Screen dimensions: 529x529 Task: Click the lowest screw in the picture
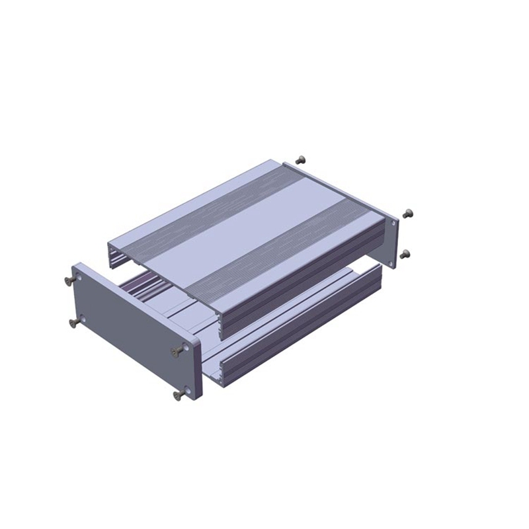click(177, 395)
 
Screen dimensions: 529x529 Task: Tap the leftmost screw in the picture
click(69, 280)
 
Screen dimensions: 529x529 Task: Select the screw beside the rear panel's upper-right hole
click(407, 214)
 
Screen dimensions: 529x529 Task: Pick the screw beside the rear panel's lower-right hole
click(405, 254)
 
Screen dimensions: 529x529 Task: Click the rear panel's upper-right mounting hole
click(393, 224)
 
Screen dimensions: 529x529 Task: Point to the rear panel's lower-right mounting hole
click(391, 263)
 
